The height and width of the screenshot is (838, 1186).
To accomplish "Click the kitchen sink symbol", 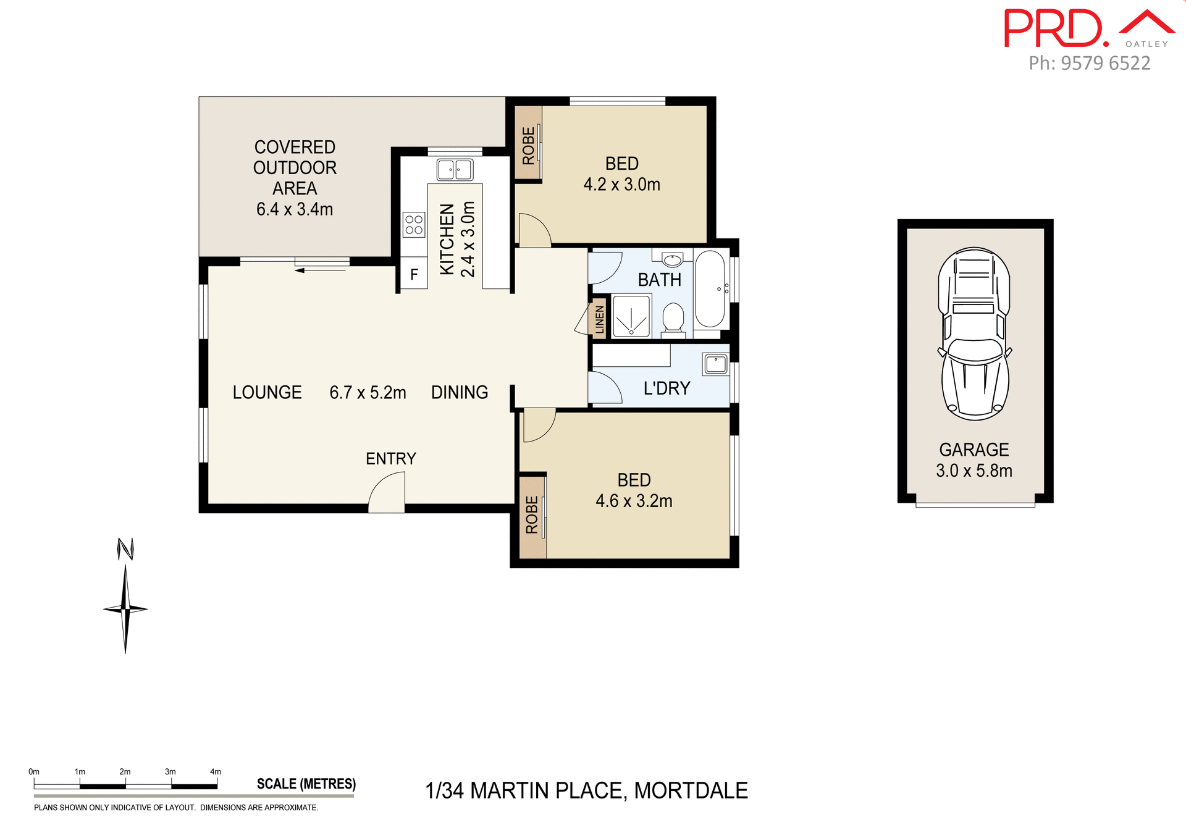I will (455, 169).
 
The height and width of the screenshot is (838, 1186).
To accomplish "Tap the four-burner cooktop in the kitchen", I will (414, 225).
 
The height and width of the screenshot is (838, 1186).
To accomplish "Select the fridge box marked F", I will (414, 274).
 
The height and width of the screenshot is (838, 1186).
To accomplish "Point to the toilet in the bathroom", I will (673, 319).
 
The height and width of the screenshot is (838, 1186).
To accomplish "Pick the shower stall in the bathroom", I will (631, 316).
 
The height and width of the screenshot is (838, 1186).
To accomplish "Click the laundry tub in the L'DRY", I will (716, 364).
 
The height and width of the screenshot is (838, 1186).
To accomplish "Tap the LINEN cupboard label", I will (599, 319).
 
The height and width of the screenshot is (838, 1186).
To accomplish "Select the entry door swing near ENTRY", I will (388, 493).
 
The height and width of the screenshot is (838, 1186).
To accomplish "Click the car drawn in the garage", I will (975, 333).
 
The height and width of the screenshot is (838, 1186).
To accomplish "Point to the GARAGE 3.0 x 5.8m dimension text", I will (974, 471).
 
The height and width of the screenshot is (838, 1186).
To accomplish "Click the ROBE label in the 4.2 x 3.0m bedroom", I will (528, 146).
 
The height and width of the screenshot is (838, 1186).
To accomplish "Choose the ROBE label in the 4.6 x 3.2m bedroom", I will (532, 515).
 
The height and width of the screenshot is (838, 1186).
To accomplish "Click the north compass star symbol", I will (125, 609).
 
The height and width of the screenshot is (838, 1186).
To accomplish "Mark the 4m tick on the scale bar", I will (217, 785).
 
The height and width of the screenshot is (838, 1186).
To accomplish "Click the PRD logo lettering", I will (1053, 28).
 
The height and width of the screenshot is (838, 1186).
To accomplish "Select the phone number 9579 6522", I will (1105, 63).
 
